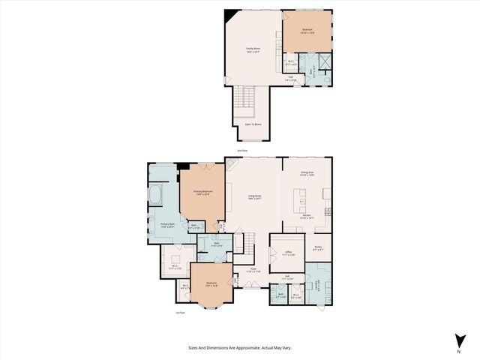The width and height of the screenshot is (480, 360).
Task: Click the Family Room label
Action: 252,49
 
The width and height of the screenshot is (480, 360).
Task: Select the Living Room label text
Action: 254,197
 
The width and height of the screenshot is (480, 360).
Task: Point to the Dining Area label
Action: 307,173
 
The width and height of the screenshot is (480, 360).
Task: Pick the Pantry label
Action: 318,247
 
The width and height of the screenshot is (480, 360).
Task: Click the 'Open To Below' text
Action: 253,124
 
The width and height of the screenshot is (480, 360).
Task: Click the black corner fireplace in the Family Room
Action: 232,14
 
